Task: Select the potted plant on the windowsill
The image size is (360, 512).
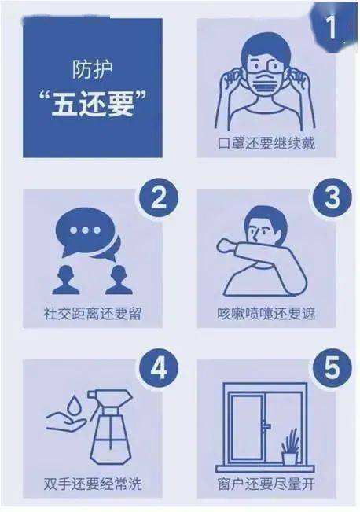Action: click(290, 448)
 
